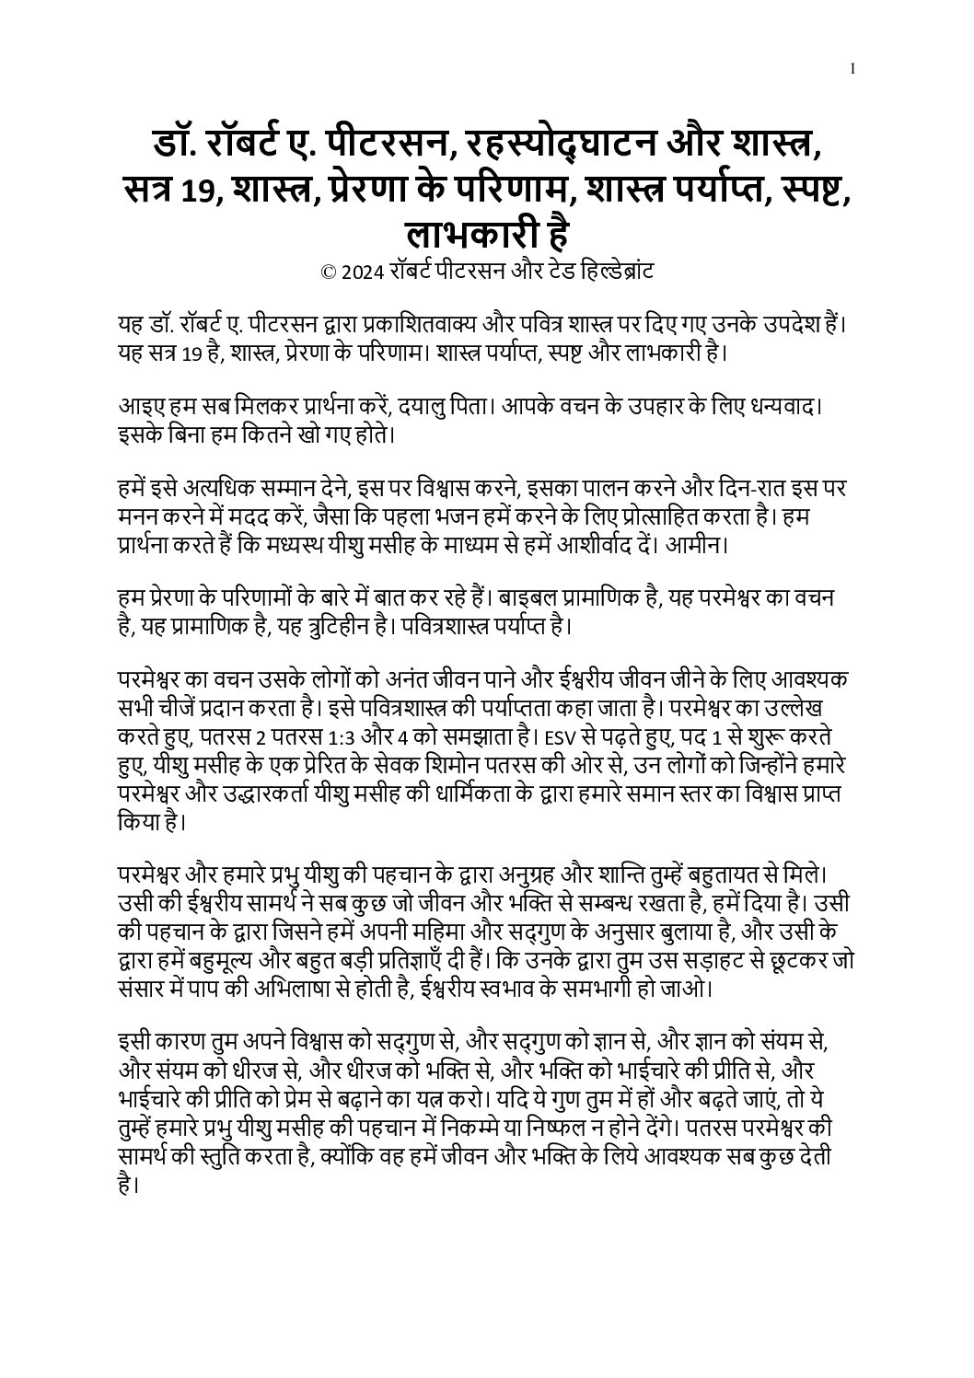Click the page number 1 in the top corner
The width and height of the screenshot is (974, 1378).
(854, 68)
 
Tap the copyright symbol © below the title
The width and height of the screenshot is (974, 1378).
(326, 272)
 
